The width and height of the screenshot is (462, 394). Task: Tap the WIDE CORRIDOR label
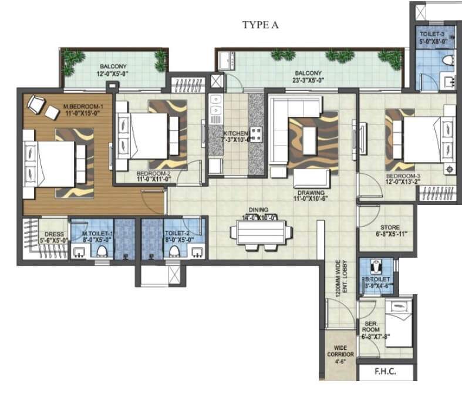[340, 352]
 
